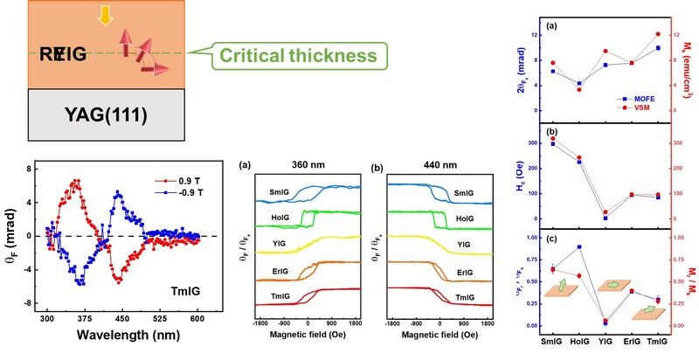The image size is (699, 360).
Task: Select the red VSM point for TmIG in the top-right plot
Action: (x=658, y=34)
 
